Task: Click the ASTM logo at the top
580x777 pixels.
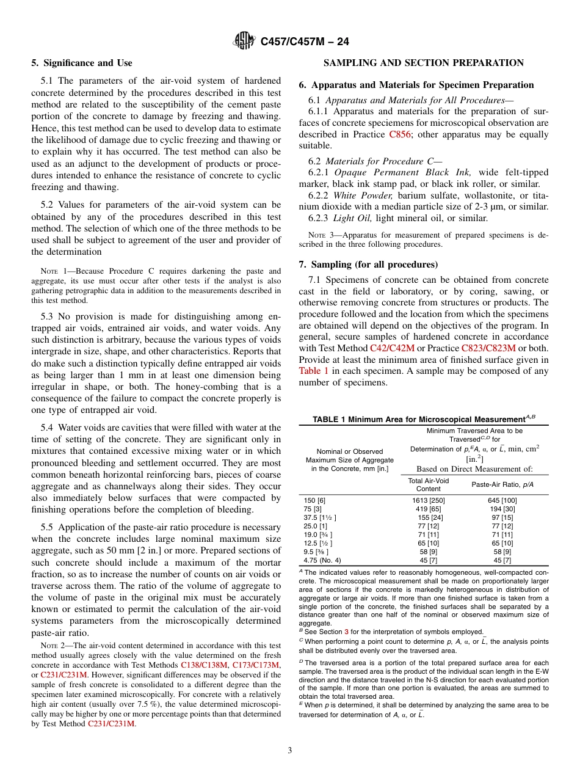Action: [244, 42]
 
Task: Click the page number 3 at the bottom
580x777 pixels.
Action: [289, 750]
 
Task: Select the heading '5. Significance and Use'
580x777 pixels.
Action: [82, 63]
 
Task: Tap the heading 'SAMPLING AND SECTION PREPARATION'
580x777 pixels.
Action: [423, 63]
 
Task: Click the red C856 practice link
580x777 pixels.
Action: [399, 134]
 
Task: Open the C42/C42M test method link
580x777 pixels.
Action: [392, 348]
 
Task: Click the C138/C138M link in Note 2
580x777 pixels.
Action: [205, 664]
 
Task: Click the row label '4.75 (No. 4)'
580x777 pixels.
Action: [322, 560]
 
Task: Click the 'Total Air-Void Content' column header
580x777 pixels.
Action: [428, 485]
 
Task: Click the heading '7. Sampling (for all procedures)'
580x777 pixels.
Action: [368, 264]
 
